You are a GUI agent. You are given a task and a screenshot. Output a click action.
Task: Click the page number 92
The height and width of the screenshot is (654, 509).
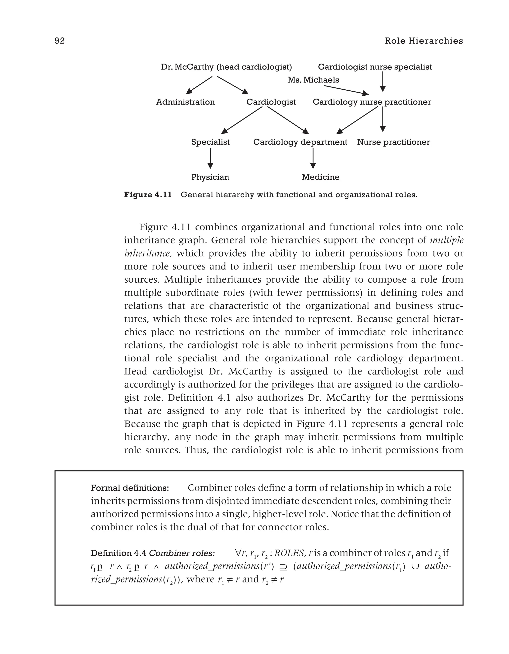[60, 41]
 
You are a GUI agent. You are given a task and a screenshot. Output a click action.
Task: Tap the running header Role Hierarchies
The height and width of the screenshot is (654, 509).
[424, 41]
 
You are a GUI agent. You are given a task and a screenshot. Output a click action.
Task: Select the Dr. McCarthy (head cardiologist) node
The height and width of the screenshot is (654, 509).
[226, 67]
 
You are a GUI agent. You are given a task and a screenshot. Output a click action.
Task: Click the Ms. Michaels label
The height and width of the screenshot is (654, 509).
[313, 80]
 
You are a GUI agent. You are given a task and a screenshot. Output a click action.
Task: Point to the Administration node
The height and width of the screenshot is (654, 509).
[185, 102]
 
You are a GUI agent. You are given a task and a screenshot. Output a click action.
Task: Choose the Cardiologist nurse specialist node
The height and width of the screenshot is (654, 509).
[375, 67]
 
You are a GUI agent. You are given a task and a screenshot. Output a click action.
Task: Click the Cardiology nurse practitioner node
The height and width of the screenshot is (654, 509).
[372, 102]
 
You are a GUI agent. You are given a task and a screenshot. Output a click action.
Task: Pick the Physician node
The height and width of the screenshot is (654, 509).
[210, 177]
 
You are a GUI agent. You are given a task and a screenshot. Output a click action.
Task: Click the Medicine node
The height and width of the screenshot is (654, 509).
[320, 177]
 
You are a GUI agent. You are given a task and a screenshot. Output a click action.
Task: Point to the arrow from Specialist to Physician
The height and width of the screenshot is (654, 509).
[210, 159]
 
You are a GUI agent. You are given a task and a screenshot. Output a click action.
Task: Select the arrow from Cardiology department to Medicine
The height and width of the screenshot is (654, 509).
[313, 159]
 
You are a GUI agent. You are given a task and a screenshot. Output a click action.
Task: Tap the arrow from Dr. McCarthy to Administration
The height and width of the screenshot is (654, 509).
[199, 85]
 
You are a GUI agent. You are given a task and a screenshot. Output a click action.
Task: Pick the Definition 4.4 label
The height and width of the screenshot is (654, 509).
[118, 553]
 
